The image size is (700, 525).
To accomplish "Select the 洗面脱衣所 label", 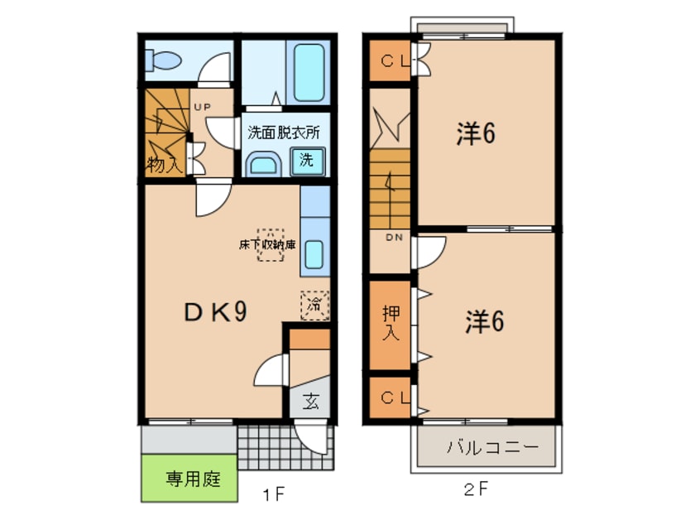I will tap(283, 132).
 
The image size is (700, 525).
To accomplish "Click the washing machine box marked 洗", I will tap(307, 161).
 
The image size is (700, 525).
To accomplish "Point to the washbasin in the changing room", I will tap(264, 163).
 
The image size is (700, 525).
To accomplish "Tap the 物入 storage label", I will tap(165, 163).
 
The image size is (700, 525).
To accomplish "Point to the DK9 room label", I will tap(215, 311).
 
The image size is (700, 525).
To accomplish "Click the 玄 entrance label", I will tap(310, 402).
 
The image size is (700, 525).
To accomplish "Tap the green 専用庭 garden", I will tap(190, 479).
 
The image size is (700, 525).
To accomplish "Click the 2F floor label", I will tap(475, 489).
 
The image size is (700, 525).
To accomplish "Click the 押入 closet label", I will tap(391, 324).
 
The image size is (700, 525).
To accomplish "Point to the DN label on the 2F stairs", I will tap(393, 238).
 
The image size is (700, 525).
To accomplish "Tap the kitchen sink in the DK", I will tap(314, 253).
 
